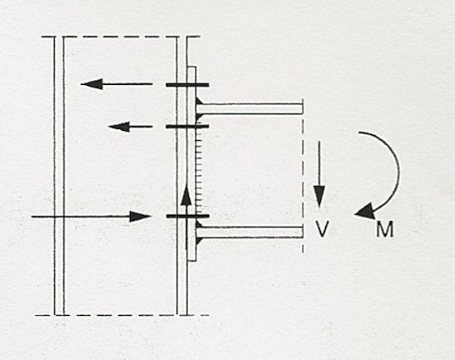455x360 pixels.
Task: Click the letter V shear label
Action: (322, 229)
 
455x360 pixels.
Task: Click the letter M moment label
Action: (385, 229)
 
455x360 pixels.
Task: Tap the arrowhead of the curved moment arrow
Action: (364, 212)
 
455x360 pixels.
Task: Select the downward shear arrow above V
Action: (319, 175)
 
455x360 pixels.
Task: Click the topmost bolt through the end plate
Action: (187, 85)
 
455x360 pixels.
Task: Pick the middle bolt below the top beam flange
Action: (187, 127)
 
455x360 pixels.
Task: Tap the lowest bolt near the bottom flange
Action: (187, 216)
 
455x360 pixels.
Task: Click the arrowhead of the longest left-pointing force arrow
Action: (92, 84)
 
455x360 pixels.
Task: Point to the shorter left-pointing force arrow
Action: (130, 127)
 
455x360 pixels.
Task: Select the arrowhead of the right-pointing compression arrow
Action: (140, 217)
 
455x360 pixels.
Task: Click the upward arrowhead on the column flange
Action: (186, 196)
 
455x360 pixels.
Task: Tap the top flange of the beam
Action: (250, 109)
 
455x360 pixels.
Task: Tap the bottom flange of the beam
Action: (250, 232)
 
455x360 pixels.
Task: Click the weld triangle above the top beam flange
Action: (199, 101)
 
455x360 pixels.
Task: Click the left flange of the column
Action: (59, 176)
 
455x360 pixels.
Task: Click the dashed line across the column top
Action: (121, 37)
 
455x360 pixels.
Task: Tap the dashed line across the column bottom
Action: (122, 315)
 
